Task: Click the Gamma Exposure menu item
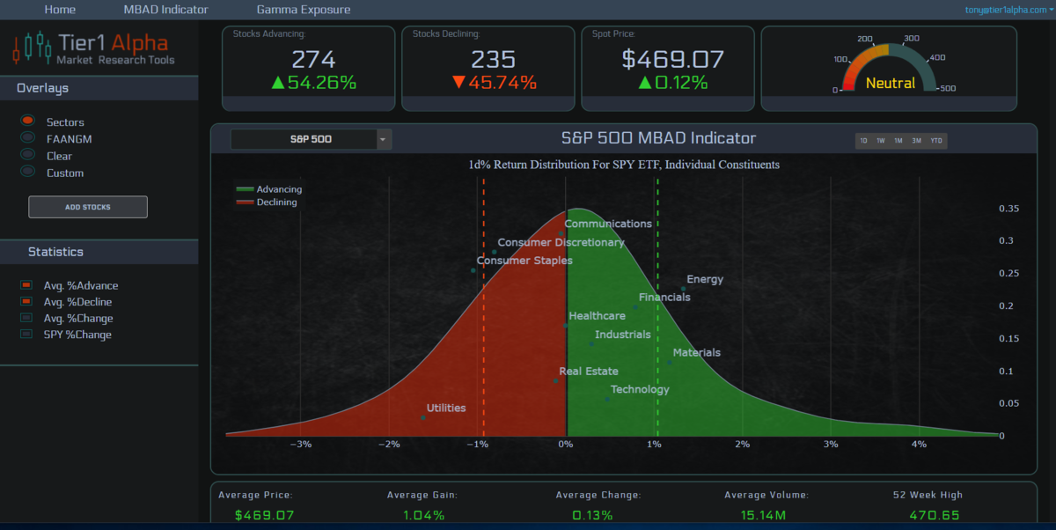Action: [303, 10]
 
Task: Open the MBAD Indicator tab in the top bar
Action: [165, 10]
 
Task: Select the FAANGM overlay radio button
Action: [28, 137]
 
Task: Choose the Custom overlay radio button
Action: [28, 172]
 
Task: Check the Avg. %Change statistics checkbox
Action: [26, 318]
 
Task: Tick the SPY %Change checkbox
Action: [26, 334]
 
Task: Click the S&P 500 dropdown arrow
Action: [384, 140]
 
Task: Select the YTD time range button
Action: [936, 141]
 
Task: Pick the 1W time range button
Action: [881, 141]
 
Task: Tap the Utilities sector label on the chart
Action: [446, 408]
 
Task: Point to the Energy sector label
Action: [705, 279]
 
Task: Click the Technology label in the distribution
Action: [640, 389]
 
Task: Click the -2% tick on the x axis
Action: [389, 445]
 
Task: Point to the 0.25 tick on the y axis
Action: [1008, 273]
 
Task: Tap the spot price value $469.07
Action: [672, 59]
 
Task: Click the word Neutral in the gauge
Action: [891, 84]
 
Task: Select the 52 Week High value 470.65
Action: [935, 515]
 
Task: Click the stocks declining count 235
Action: [493, 59]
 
